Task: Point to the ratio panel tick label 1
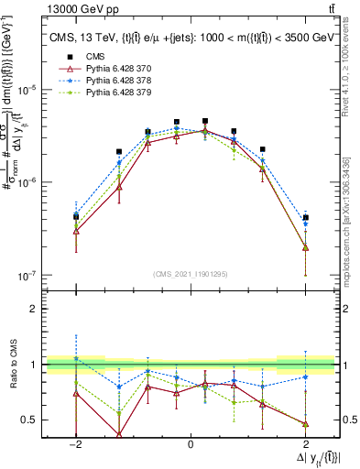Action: (35, 365)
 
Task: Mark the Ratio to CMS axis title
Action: (13, 365)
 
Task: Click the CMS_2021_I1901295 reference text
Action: (190, 274)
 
